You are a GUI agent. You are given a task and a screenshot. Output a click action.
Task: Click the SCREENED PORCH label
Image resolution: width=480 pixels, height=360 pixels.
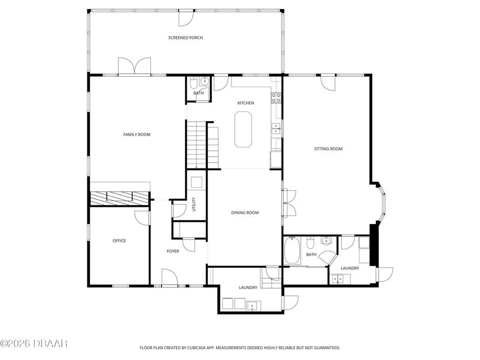tap(186, 38)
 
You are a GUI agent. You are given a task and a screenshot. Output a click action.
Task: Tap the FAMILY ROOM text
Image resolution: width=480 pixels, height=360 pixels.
tap(137, 134)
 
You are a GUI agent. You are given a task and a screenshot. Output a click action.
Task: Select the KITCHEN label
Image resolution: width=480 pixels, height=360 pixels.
tap(245, 103)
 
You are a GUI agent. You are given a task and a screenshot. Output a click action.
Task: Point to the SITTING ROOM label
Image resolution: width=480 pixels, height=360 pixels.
tap(327, 149)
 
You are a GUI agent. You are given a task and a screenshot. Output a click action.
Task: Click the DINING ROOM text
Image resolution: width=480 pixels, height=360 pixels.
tap(245, 213)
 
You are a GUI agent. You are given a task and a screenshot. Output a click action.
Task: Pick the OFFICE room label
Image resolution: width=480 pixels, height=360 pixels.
tap(119, 241)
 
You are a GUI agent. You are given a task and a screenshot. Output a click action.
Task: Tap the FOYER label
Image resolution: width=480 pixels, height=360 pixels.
tap(173, 251)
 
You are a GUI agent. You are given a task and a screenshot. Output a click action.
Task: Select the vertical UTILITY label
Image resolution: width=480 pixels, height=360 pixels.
tap(194, 204)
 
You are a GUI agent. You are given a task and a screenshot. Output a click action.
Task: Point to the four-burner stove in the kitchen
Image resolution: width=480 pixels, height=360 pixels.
tap(276, 97)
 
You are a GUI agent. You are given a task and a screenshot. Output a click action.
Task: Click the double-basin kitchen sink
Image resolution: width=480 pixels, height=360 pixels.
tap(276, 129)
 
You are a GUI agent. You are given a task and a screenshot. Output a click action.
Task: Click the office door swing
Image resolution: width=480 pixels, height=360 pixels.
tap(143, 218)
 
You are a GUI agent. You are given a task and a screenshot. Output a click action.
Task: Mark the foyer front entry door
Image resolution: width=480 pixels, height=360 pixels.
tap(169, 278)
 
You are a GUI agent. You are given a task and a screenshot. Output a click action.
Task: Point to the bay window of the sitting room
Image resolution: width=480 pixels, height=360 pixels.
tap(382, 202)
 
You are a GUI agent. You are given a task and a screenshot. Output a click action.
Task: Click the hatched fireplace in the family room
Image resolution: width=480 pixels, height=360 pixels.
tap(119, 198)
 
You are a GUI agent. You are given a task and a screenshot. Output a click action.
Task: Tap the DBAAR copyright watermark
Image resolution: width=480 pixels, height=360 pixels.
tap(34, 343)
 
